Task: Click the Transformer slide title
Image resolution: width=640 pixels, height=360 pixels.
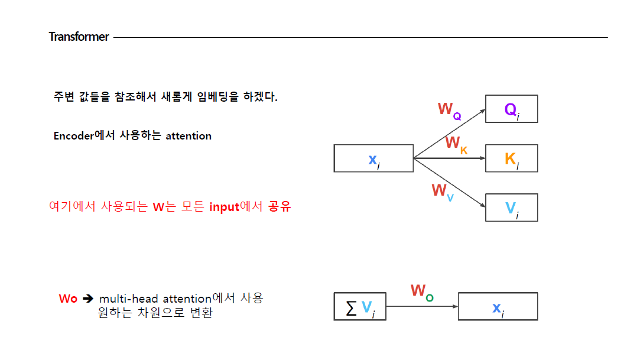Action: click(79, 37)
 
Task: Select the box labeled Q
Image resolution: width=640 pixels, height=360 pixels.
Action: click(511, 109)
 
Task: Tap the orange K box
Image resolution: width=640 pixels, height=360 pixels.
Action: click(511, 158)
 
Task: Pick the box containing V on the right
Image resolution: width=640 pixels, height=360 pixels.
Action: click(511, 207)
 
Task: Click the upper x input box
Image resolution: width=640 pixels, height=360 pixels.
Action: click(373, 158)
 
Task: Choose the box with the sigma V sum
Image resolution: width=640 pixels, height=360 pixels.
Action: click(359, 306)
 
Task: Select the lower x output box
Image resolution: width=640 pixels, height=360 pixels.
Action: click(498, 306)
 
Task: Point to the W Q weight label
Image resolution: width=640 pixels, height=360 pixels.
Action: click(449, 110)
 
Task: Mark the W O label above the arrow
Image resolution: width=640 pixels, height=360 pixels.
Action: click(422, 291)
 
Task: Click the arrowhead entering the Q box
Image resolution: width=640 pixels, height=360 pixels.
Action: click(482, 111)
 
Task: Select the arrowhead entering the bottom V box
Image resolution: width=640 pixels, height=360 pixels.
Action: click(482, 205)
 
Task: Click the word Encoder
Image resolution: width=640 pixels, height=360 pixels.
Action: click(74, 136)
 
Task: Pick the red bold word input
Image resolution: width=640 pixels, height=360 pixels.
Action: click(224, 207)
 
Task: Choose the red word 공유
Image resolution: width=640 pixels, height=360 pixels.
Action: click(280, 207)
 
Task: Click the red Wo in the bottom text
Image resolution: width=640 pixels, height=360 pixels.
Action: click(68, 299)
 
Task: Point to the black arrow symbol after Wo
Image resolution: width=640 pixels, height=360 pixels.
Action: click(88, 299)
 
